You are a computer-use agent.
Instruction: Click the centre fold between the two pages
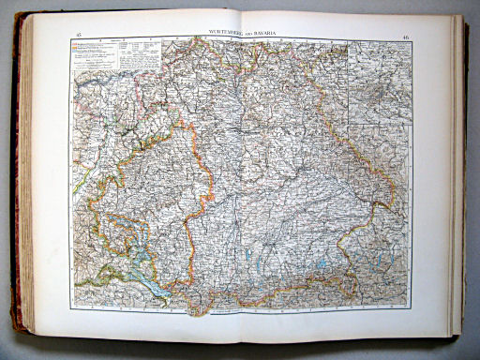click(243, 178)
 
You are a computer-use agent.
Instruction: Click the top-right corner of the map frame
click(412, 42)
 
